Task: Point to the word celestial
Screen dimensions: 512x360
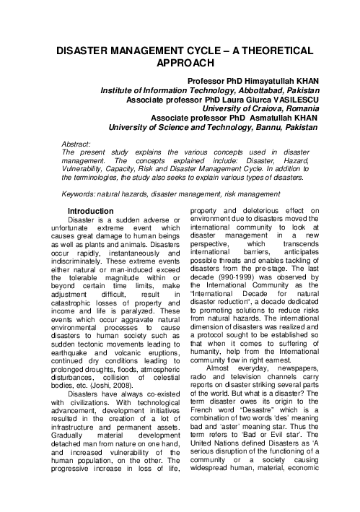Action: tap(160, 376)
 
